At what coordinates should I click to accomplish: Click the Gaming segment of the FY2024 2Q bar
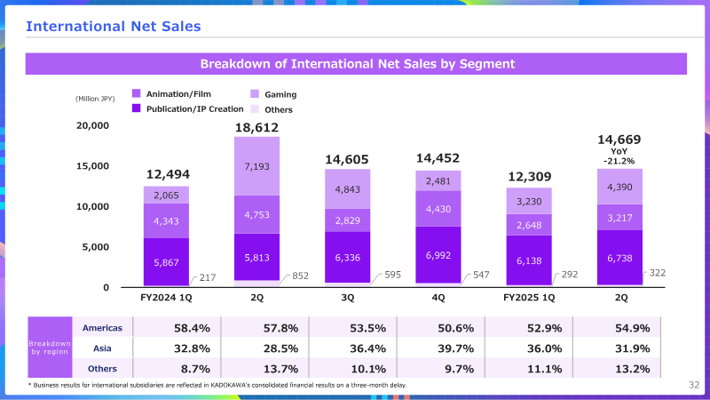pyautogui.click(x=256, y=166)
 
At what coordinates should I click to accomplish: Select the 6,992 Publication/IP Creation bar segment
pyautogui.click(x=438, y=255)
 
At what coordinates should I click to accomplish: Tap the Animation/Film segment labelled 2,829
pyautogui.click(x=347, y=220)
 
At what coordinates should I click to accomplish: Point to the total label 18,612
pyautogui.click(x=256, y=127)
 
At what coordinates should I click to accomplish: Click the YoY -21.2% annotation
pyautogui.click(x=619, y=156)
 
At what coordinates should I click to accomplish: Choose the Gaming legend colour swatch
pyautogui.click(x=255, y=94)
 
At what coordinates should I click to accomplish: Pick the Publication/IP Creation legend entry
pyautogui.click(x=187, y=108)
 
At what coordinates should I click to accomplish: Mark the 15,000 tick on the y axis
pyautogui.click(x=92, y=166)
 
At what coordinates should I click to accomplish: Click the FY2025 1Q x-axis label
pyautogui.click(x=529, y=298)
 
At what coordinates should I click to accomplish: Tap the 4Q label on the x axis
pyautogui.click(x=438, y=298)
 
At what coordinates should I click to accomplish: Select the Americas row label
pyautogui.click(x=102, y=328)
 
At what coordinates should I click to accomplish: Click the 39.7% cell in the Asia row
pyautogui.click(x=455, y=348)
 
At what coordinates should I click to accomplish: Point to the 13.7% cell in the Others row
pyautogui.click(x=280, y=369)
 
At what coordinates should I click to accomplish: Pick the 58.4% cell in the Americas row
pyautogui.click(x=192, y=328)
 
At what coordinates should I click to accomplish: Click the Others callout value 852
pyautogui.click(x=300, y=276)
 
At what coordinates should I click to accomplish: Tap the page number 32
pyautogui.click(x=694, y=385)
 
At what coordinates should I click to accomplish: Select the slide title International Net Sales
pyautogui.click(x=114, y=27)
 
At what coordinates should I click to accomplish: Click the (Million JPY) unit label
pyautogui.click(x=95, y=99)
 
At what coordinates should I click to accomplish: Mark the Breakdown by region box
pyautogui.click(x=50, y=348)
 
